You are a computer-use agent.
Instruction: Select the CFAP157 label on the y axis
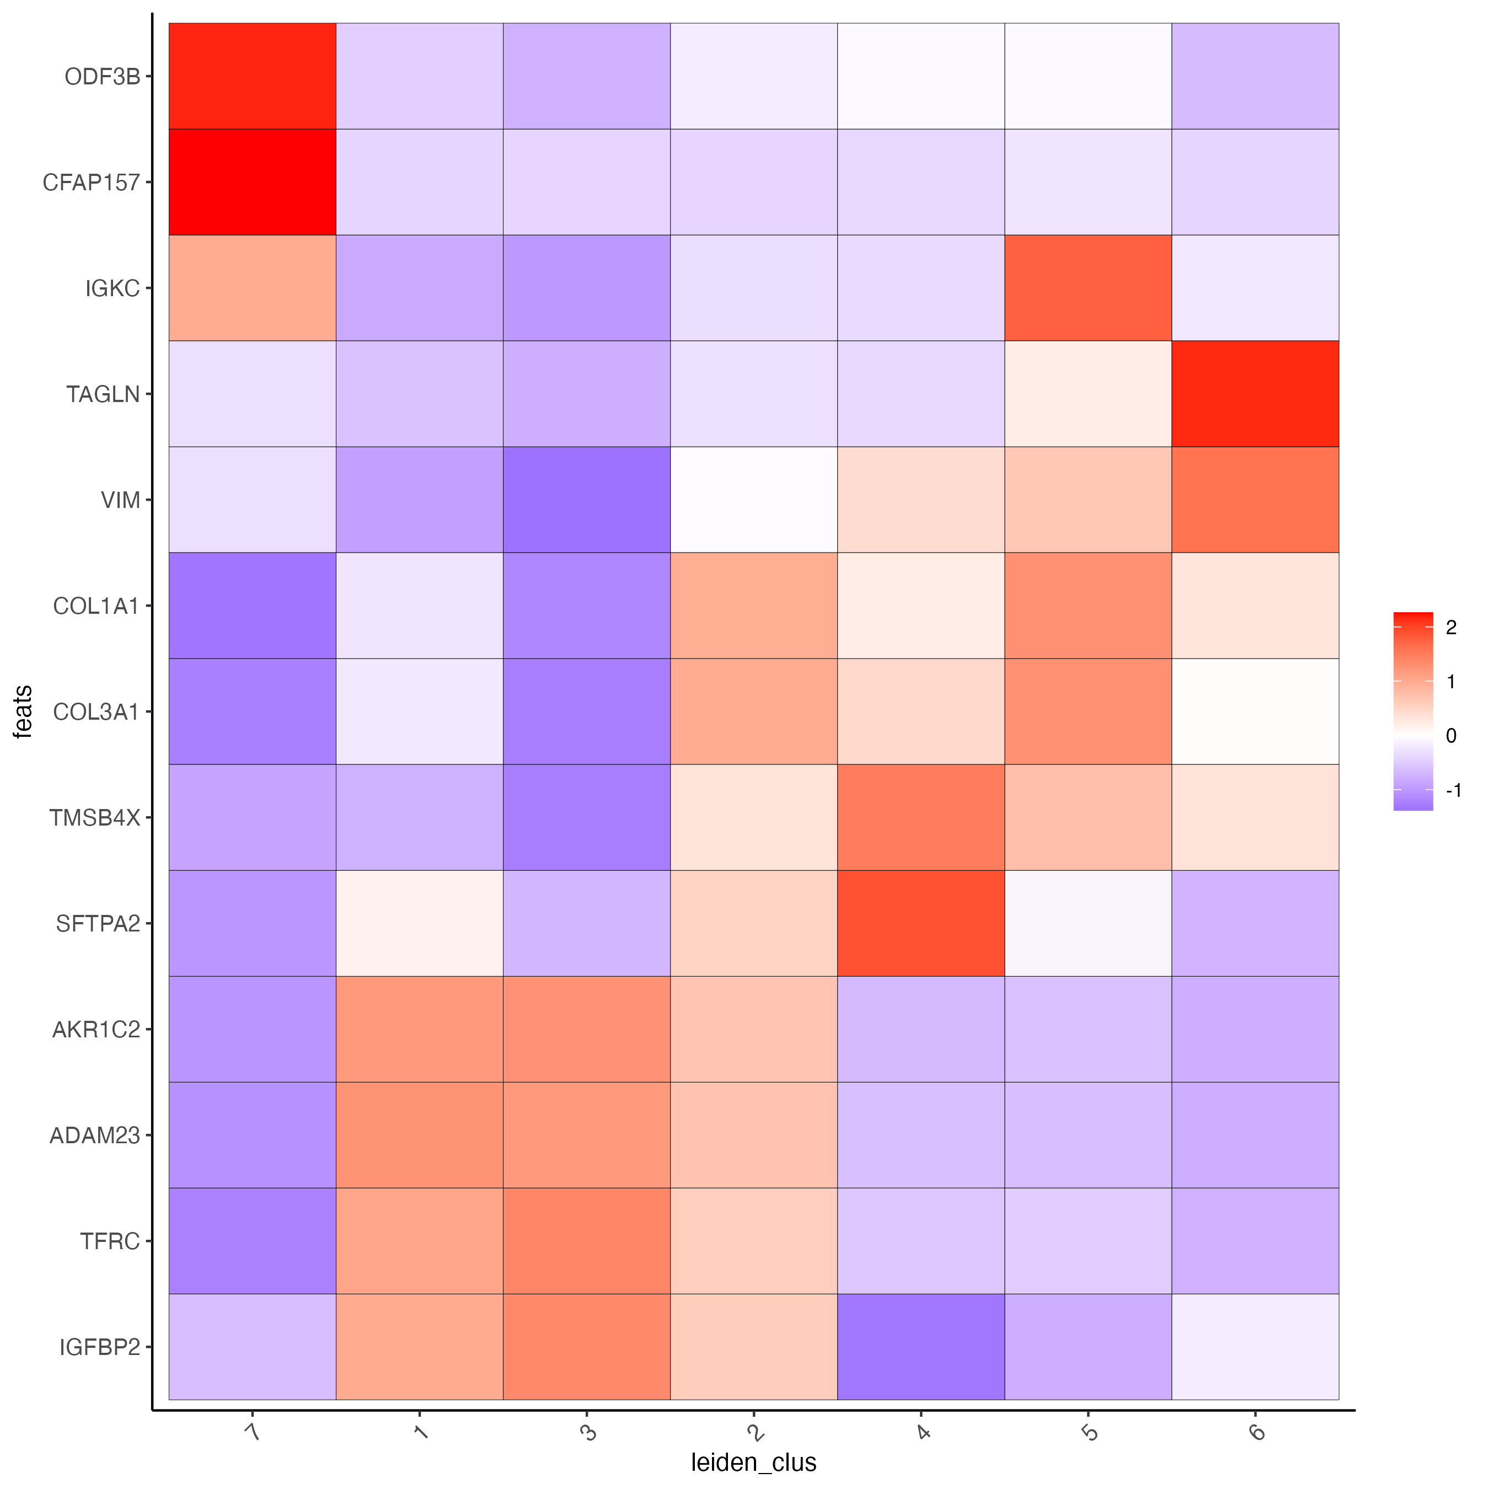click(x=91, y=183)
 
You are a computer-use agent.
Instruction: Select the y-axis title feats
click(x=23, y=711)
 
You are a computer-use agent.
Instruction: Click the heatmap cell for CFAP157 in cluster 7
click(x=252, y=182)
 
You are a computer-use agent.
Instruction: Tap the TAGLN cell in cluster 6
click(x=1255, y=394)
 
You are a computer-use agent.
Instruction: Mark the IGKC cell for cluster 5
click(x=1088, y=287)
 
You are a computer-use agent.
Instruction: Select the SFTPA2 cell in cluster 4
click(x=920, y=923)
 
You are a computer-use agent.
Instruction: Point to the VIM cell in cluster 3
click(x=587, y=500)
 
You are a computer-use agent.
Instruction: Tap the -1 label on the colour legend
click(x=1453, y=790)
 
